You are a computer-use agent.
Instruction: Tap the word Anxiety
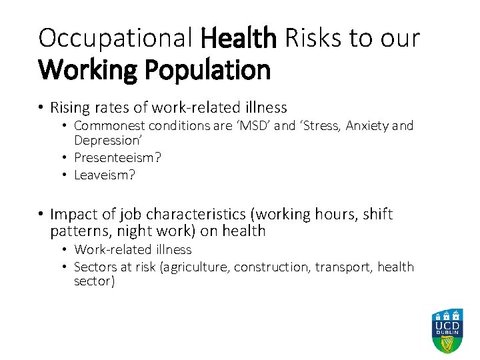click(369, 125)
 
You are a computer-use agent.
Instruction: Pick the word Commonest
click(109, 125)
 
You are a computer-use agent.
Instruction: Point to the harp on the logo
click(447, 345)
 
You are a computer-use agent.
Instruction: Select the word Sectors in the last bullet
click(94, 267)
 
